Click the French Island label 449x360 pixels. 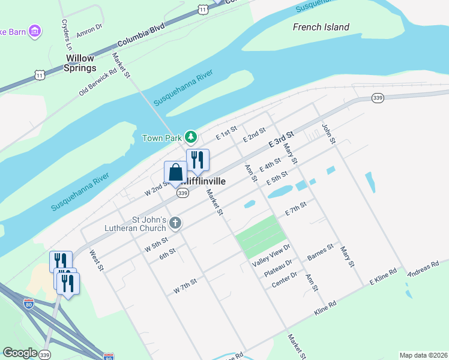(321, 27)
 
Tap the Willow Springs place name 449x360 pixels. (80, 63)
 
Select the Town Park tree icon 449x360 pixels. (191, 137)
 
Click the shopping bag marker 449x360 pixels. (175, 173)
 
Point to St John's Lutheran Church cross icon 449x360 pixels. (175, 223)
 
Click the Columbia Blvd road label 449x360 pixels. (140, 37)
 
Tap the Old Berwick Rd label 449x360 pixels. (97, 82)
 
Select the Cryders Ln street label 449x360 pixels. (65, 34)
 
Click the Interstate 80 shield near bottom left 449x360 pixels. (29, 304)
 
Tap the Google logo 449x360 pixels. (20, 353)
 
